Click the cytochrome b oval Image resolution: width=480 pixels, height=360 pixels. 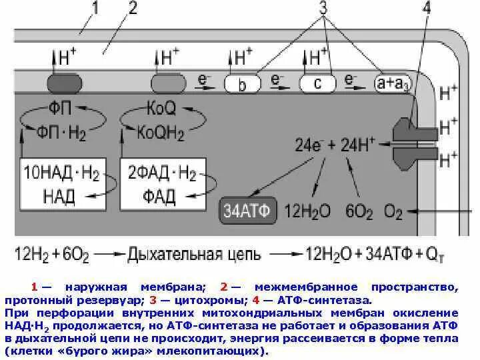pyautogui.click(x=241, y=84)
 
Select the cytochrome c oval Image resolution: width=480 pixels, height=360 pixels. pyautogui.click(x=317, y=84)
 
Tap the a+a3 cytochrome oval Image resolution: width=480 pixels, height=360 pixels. pyautogui.click(x=393, y=84)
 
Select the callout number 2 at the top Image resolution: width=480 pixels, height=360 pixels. pyautogui.click(x=132, y=9)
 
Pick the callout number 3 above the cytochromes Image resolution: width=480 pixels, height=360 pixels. pyautogui.click(x=323, y=9)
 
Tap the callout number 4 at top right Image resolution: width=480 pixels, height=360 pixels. pyautogui.click(x=426, y=9)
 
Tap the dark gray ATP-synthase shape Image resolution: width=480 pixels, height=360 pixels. pyautogui.click(x=407, y=140)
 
